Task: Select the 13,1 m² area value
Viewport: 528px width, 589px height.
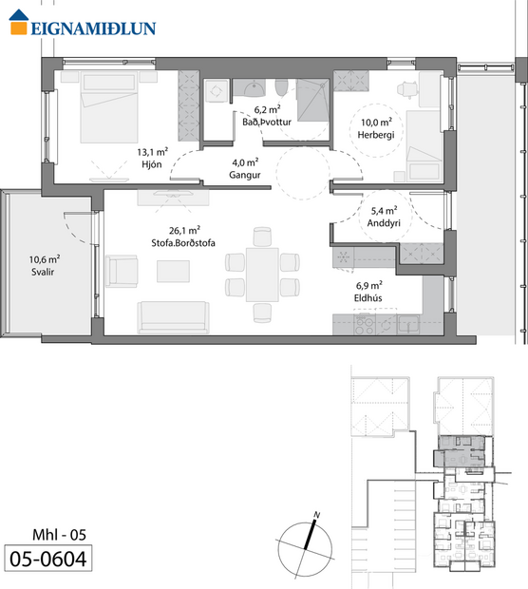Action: pos(153,150)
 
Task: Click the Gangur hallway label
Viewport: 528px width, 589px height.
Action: pos(246,174)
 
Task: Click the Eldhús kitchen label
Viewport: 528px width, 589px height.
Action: pos(369,297)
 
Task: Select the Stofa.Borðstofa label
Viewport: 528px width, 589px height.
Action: pos(183,243)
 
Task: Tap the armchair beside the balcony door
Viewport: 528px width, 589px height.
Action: pos(123,270)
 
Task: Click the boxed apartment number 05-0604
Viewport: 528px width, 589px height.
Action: pos(47,559)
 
